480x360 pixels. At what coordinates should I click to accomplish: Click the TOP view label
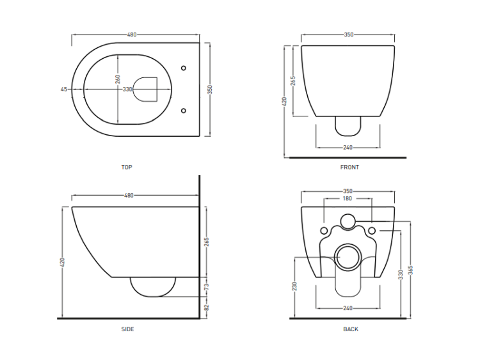[x=127, y=168]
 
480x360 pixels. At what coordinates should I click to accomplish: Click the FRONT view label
[x=349, y=168]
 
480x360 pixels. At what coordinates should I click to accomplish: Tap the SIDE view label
[x=127, y=329]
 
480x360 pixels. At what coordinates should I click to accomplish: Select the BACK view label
[x=351, y=329]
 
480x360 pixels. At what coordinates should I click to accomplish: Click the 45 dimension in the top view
[x=63, y=90]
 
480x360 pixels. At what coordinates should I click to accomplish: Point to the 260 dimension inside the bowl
[x=118, y=79]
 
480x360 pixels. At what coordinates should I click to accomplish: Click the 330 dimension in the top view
[x=127, y=90]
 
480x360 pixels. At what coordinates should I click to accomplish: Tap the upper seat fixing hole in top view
[x=184, y=68]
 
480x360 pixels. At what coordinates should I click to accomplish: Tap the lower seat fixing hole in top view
[x=184, y=111]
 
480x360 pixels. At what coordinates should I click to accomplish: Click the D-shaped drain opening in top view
[x=146, y=90]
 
